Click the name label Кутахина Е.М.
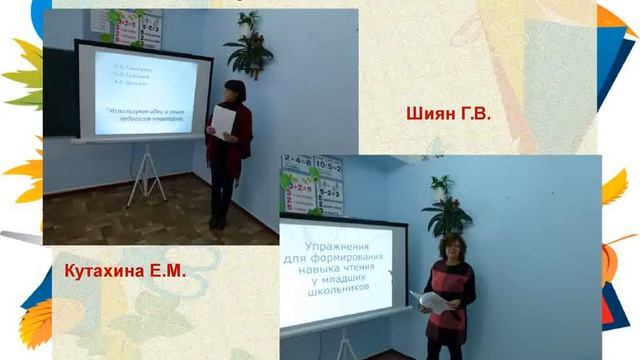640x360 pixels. click(x=125, y=271)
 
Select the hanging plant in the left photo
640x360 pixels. click(x=246, y=45)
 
